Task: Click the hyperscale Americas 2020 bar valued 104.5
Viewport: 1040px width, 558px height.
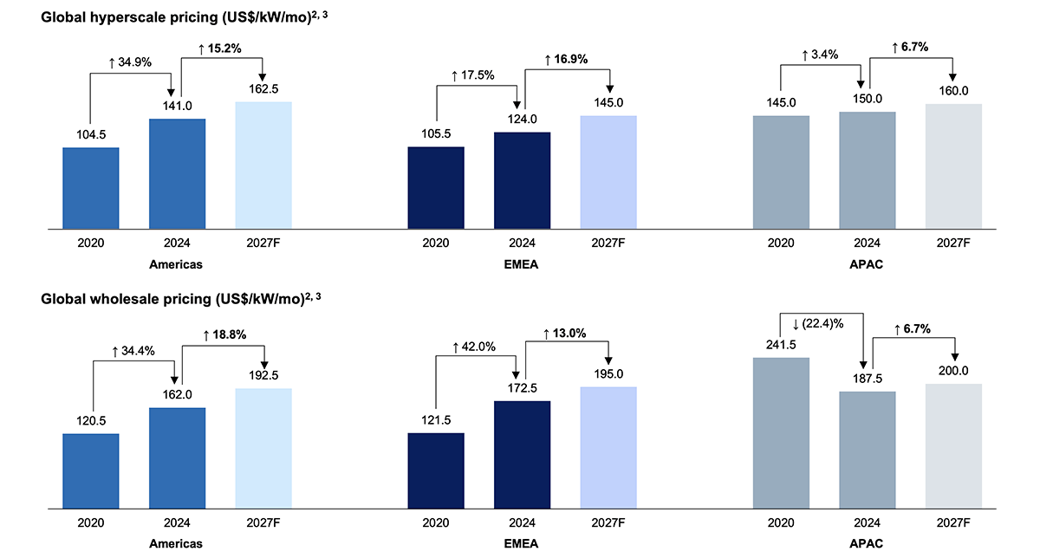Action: [91, 188]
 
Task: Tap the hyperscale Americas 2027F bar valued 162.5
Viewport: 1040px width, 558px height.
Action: [263, 165]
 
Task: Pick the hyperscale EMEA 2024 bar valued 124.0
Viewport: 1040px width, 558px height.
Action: [522, 180]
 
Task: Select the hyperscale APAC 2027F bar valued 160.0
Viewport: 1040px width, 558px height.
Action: [953, 166]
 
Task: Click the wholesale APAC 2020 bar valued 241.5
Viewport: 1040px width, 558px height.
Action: [782, 431]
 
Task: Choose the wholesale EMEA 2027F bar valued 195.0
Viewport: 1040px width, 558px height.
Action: [608, 446]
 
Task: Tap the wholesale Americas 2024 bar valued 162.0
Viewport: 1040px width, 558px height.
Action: [178, 457]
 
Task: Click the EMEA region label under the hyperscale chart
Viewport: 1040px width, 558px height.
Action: [522, 265]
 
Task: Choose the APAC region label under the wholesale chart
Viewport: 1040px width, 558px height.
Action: [867, 543]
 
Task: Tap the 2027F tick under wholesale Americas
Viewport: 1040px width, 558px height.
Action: [263, 523]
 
